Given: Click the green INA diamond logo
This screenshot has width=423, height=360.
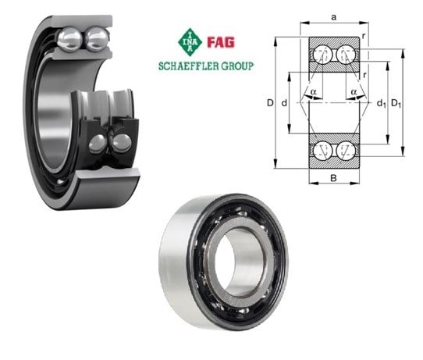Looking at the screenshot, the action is click(x=190, y=42).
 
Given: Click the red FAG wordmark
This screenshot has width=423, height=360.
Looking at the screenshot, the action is click(x=221, y=43).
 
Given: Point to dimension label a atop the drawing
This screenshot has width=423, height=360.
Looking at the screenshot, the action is click(x=334, y=17).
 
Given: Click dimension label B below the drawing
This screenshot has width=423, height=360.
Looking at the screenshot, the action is click(x=334, y=178).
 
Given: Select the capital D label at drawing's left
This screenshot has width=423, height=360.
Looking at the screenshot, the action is click(x=270, y=103).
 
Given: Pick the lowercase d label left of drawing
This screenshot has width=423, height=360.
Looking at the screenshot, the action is click(x=284, y=103).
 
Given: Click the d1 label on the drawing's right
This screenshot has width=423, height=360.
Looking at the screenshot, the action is click(x=381, y=103).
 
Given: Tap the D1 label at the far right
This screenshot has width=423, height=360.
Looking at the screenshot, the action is click(x=396, y=103).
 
